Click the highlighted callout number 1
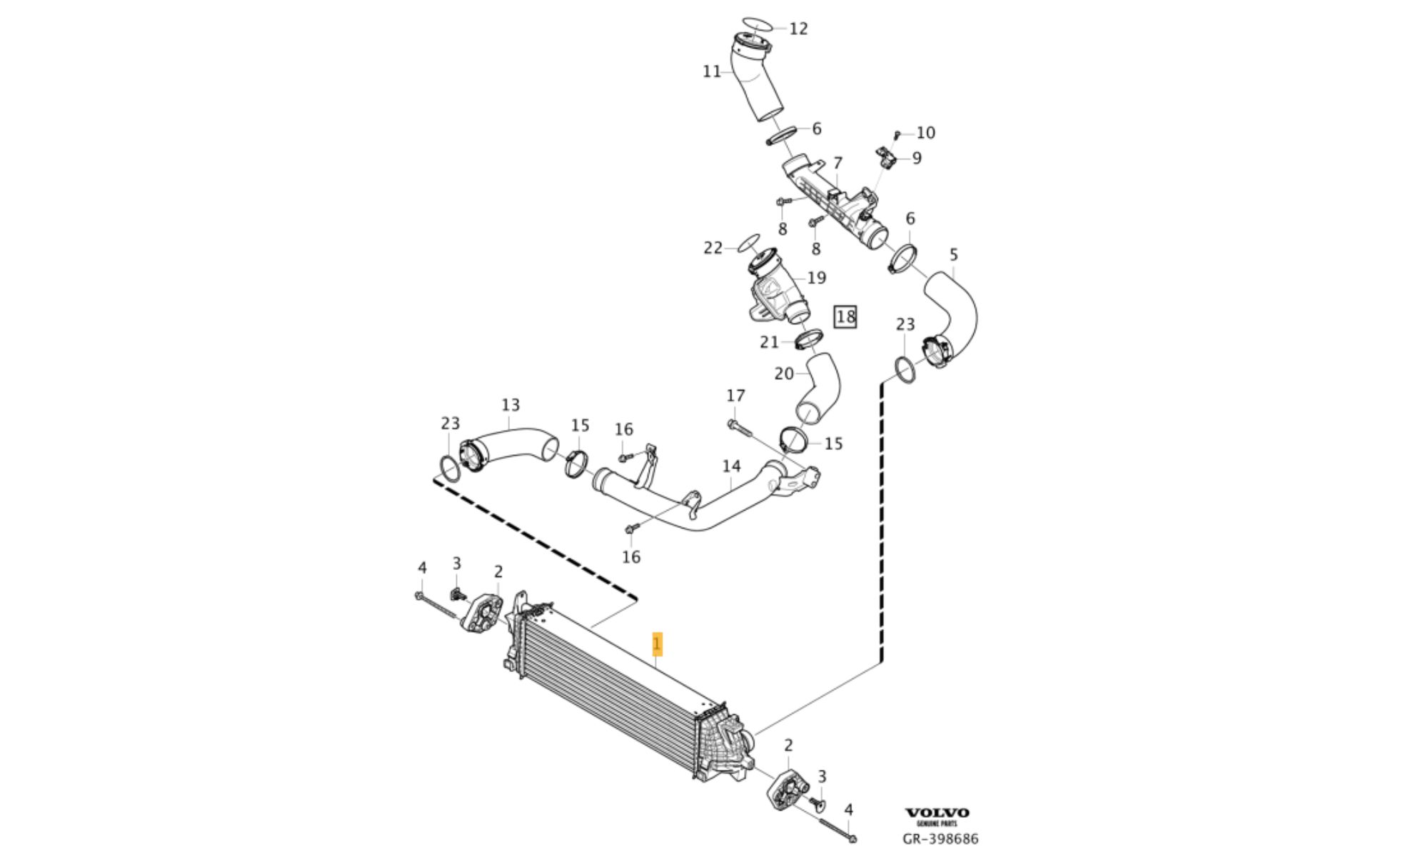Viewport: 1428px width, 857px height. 658,644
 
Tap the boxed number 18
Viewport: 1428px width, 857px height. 845,316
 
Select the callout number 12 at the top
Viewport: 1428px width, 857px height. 798,29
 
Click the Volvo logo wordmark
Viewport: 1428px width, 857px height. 937,813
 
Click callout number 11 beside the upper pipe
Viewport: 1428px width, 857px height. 712,71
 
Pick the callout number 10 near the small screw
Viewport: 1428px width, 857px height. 925,133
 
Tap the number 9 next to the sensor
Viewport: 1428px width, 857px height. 917,158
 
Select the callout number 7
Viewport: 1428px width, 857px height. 838,164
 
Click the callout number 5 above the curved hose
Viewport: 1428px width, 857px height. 954,254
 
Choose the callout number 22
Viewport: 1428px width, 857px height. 713,248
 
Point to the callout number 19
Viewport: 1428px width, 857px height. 816,277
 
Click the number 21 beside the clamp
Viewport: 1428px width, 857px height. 769,343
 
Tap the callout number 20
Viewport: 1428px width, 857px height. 784,374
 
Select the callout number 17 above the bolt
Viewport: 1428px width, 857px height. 735,396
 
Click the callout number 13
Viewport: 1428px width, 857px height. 511,406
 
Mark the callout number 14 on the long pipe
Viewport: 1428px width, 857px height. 731,466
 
